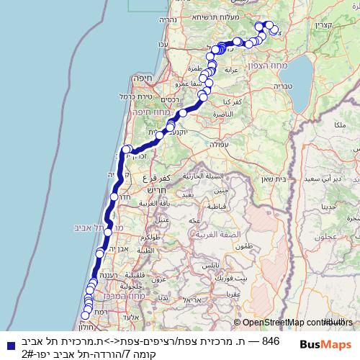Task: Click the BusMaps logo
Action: (x=326, y=344)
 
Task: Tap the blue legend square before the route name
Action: (x=9, y=343)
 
